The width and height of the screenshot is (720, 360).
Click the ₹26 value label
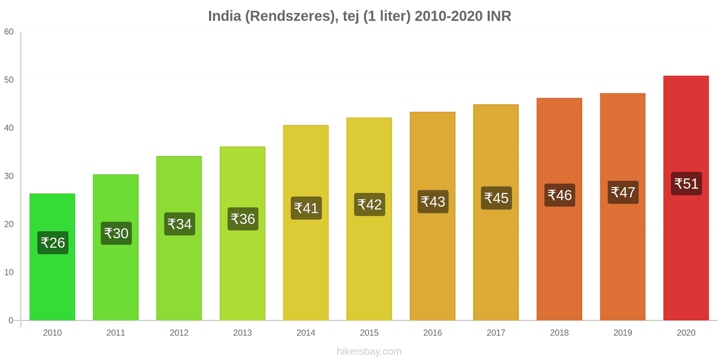coord(53,243)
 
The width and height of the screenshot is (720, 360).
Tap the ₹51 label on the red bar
coord(686,184)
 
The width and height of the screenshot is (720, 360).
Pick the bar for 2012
coord(179,270)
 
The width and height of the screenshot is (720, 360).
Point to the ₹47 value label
coord(623,192)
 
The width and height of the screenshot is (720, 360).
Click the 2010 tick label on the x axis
coord(52,333)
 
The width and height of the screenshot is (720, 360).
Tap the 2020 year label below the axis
coord(686,333)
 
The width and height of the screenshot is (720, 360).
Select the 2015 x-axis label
coord(369,333)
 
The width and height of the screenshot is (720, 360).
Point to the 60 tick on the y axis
coord(9,32)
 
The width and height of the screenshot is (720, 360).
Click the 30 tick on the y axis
coord(9,176)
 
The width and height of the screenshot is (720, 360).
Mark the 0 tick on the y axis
coord(11,320)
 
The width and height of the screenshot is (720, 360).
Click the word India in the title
coord(224,16)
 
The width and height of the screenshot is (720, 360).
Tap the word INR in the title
coord(499,16)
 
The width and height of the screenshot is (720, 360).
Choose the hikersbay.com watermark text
coord(369,351)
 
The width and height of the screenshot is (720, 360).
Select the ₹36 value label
coord(243,219)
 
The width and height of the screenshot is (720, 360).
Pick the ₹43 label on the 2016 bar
coord(433,202)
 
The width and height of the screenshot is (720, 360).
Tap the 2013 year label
coord(243,333)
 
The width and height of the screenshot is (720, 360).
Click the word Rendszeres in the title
coord(291,16)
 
